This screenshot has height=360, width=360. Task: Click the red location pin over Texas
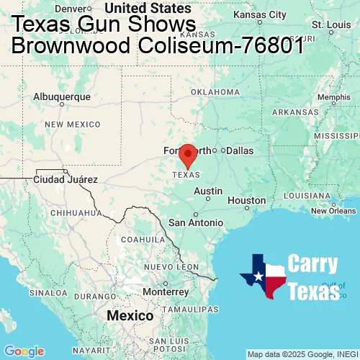(188, 155)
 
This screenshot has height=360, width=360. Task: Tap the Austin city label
(208, 191)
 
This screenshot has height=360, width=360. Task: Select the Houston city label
(247, 200)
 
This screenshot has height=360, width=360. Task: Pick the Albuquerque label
(63, 96)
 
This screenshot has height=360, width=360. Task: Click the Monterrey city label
(165, 292)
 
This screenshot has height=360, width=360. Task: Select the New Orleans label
(333, 211)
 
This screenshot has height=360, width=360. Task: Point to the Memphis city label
(333, 97)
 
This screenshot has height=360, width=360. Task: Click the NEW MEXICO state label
(73, 125)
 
